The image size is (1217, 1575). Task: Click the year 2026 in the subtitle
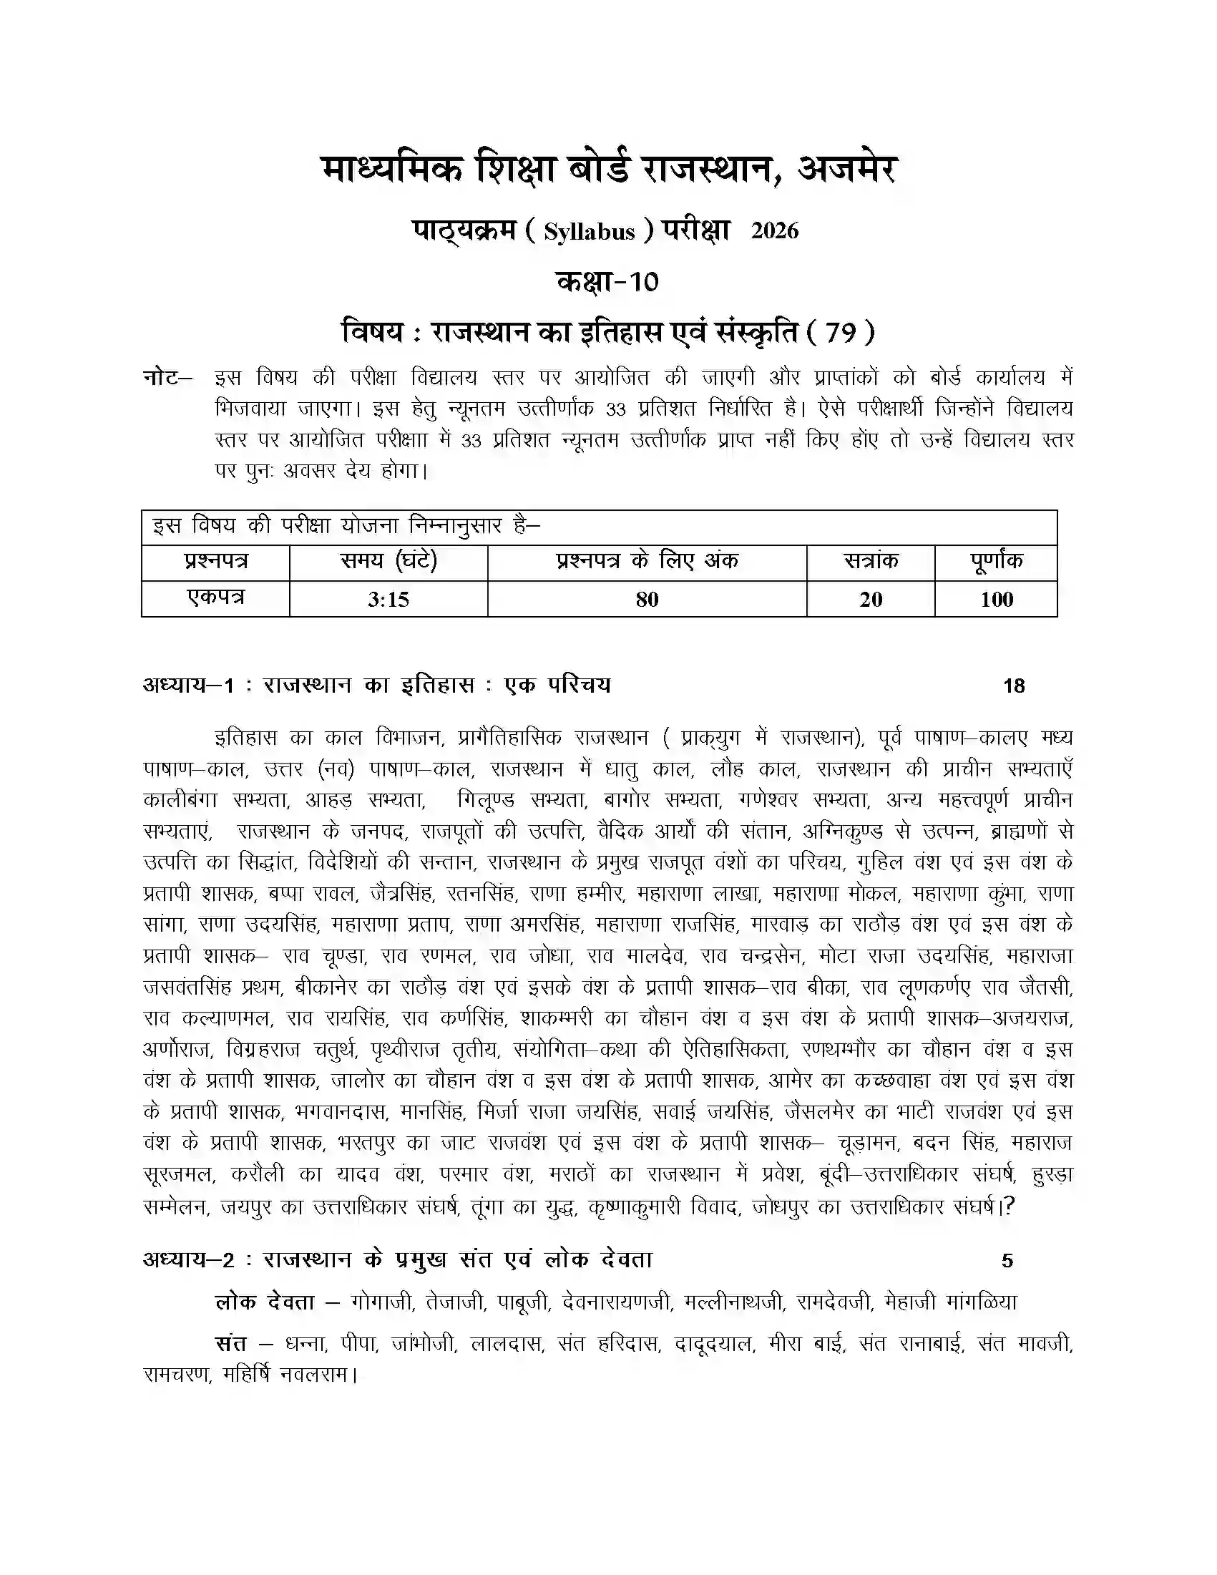pos(775,230)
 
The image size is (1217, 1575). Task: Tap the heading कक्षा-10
pos(607,281)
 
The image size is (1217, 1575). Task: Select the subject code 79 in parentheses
pos(840,333)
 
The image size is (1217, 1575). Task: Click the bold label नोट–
pos(167,377)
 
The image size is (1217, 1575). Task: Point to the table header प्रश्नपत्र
pos(215,562)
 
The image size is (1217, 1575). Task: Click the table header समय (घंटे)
pos(388,562)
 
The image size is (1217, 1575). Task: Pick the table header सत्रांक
pos(870,562)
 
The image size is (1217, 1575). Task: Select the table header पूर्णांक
pos(996,562)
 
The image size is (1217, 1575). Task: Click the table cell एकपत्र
pos(215,598)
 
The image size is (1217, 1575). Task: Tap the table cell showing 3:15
pos(388,599)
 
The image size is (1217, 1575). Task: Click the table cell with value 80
pos(647,599)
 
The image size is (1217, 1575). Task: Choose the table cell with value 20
pos(870,599)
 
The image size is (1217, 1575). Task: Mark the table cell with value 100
pos(996,599)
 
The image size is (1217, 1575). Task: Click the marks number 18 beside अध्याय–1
pos(1014,686)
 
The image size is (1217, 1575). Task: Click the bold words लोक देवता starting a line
pos(265,1302)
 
